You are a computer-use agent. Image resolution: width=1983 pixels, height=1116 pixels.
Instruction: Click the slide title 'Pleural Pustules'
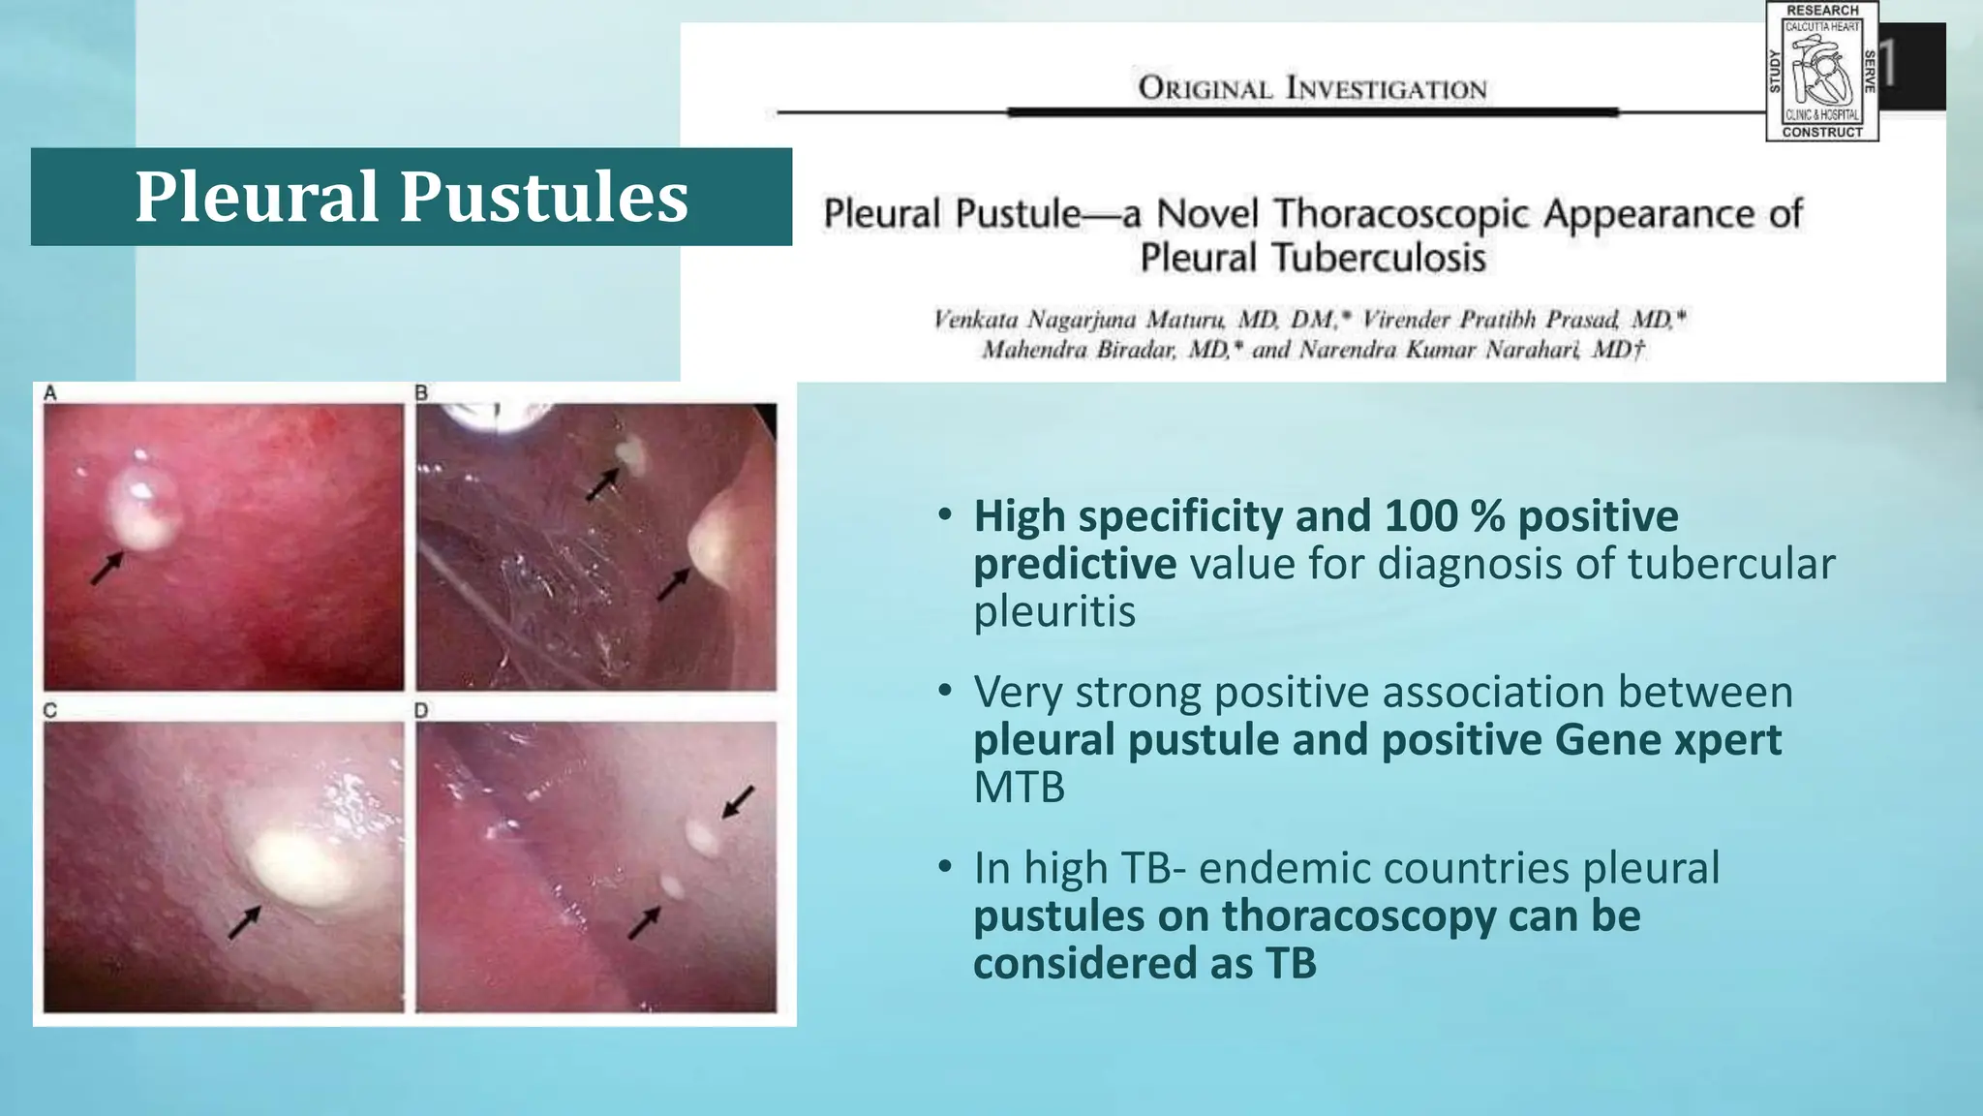pyautogui.click(x=411, y=197)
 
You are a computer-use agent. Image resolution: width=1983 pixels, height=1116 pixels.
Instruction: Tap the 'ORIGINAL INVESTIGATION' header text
pyautogui.click(x=1312, y=88)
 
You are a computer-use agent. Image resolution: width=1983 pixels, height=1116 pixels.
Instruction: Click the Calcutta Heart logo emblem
pyautogui.click(x=1821, y=72)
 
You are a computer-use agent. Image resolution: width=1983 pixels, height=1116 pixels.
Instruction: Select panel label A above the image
pyautogui.click(x=50, y=392)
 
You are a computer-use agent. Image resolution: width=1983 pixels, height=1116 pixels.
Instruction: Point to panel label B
pyautogui.click(x=421, y=392)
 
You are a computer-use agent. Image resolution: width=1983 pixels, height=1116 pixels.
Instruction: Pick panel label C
pyautogui.click(x=50, y=710)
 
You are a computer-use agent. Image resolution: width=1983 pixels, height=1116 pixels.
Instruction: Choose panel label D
pyautogui.click(x=421, y=710)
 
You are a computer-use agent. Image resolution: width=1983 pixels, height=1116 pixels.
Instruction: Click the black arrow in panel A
pyautogui.click(x=107, y=568)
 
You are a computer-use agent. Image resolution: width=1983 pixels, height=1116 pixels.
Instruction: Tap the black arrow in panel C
pyautogui.click(x=244, y=922)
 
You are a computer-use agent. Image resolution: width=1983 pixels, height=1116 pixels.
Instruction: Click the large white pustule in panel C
pyautogui.click(x=290, y=865)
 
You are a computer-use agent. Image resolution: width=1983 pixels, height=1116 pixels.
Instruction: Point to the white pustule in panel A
pyautogui.click(x=142, y=511)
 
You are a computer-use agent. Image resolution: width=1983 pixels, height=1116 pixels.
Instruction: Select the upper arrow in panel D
pyautogui.click(x=739, y=801)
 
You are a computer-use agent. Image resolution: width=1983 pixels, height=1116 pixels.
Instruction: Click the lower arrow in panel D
pyautogui.click(x=644, y=922)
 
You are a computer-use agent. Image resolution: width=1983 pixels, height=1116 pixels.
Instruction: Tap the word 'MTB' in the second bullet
pyautogui.click(x=1019, y=788)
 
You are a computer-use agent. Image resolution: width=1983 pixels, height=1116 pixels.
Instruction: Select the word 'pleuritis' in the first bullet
pyautogui.click(x=1053, y=611)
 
